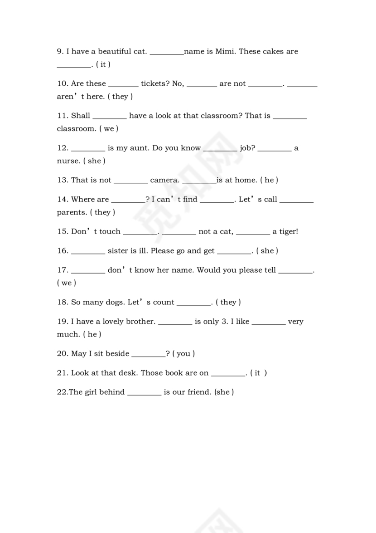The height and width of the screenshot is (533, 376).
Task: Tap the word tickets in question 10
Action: tap(155, 83)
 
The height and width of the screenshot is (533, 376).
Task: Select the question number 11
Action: tap(63, 116)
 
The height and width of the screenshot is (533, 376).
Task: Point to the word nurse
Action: tap(68, 161)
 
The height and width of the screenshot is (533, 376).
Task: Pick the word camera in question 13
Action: tap(164, 180)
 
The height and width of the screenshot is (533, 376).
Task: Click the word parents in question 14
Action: tap(72, 212)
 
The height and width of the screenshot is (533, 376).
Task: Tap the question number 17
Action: tap(63, 270)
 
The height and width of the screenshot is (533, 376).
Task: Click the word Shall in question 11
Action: tap(81, 116)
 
